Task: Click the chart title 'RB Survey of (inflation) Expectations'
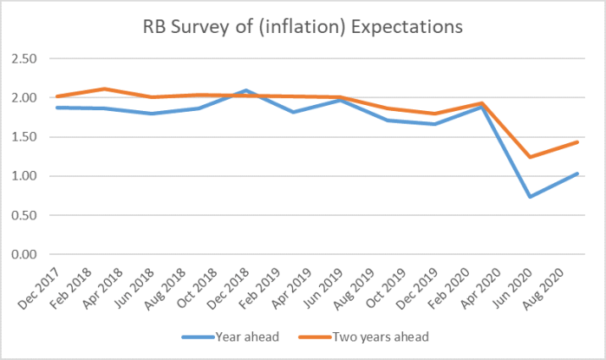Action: point(303,27)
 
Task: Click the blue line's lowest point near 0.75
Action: point(529,197)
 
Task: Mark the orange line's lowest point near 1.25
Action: point(529,157)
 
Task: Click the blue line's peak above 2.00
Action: point(247,90)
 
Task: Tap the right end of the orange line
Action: point(577,141)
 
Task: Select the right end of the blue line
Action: point(577,173)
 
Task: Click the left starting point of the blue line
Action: point(56,108)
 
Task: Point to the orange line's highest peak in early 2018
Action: point(104,88)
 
